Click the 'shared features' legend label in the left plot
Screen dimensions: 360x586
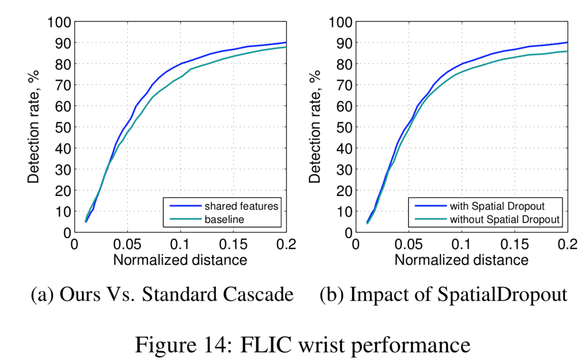pos(241,206)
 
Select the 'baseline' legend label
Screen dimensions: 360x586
pos(224,219)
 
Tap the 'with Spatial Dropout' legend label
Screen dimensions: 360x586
pos(497,206)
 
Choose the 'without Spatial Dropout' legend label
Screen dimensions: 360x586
pos(505,219)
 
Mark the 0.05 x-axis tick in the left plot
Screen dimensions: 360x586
pos(127,244)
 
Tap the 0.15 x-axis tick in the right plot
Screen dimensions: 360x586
pos(515,244)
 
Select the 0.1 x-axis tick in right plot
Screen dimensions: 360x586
pos(461,244)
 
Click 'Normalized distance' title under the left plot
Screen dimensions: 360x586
pos(180,260)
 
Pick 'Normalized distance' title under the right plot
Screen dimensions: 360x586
pos(461,260)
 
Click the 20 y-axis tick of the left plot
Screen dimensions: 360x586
pos(64,191)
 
